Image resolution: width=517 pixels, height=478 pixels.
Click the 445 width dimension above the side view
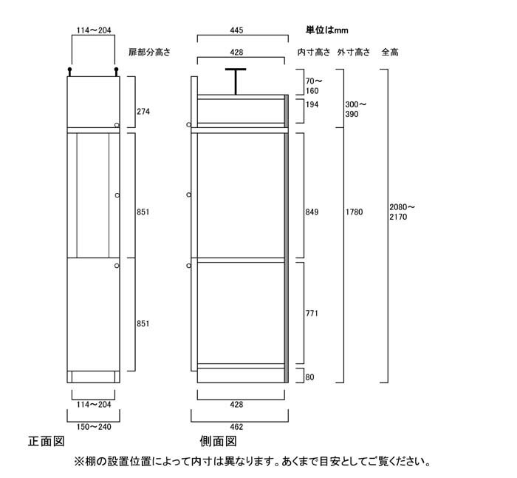tap(237, 30)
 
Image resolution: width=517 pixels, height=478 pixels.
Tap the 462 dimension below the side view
tap(237, 427)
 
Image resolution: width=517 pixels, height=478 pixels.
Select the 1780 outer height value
tap(354, 212)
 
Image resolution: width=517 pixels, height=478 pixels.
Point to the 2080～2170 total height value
tap(403, 212)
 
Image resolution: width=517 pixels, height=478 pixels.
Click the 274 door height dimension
tap(143, 112)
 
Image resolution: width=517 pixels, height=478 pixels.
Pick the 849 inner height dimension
tap(312, 212)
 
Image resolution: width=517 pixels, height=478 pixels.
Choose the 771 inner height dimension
tap(312, 313)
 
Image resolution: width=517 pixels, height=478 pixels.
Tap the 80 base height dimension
tap(310, 377)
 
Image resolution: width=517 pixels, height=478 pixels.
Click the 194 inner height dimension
tap(312, 105)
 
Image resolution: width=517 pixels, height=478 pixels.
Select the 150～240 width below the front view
tap(94, 427)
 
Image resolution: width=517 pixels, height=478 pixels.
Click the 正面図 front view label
tap(46, 441)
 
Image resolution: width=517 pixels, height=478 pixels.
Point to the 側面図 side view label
tap(219, 441)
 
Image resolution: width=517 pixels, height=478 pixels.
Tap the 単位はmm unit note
tap(326, 30)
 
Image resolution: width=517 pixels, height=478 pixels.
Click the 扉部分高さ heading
tap(150, 53)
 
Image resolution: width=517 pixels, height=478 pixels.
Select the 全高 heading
tap(390, 53)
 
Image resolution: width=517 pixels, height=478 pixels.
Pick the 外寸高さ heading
tap(354, 53)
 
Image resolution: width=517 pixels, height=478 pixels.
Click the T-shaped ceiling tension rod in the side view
tap(236, 81)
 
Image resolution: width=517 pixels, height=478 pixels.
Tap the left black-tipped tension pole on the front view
tap(69, 72)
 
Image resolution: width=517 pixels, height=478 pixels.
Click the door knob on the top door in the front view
tap(117, 125)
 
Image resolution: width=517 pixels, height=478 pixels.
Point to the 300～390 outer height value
tap(356, 110)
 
